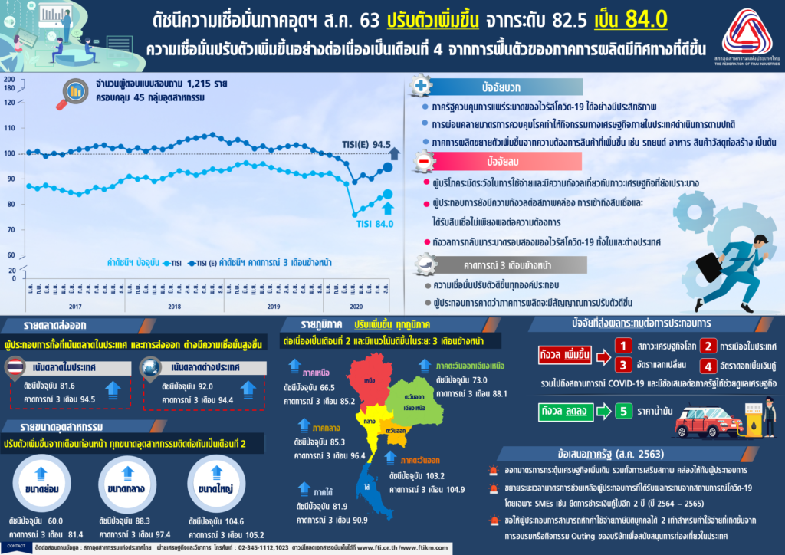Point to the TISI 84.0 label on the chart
[x=374, y=224]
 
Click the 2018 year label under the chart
[x=174, y=306]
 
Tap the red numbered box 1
[x=625, y=346]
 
